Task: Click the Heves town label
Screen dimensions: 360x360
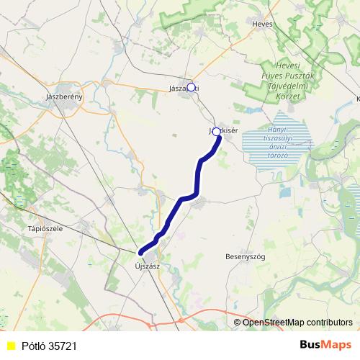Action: [x=262, y=23]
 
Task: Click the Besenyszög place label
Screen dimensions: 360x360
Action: [x=246, y=256]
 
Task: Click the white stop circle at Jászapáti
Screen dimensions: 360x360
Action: [x=191, y=86]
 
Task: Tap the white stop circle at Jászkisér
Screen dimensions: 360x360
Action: [x=216, y=132]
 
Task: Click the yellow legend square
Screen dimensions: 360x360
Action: [x=11, y=346]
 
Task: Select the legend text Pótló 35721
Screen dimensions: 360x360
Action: [x=48, y=346]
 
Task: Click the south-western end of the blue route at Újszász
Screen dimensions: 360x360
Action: [x=140, y=252]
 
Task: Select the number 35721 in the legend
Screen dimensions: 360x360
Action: [x=63, y=346]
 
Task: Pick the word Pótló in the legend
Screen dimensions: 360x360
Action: [x=32, y=346]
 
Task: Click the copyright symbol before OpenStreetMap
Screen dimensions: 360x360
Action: [x=238, y=323]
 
